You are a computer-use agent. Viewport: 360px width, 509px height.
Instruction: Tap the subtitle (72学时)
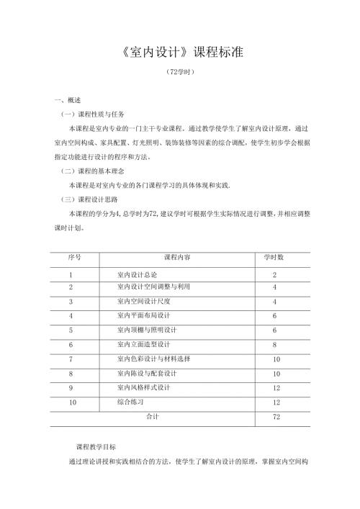click(x=179, y=74)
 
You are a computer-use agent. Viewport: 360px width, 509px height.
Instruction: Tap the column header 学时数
click(x=275, y=257)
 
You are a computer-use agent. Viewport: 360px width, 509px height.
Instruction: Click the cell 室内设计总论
click(x=137, y=275)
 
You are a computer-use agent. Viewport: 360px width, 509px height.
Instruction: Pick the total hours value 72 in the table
click(x=276, y=417)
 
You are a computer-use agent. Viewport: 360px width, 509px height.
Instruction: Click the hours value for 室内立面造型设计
click(x=276, y=345)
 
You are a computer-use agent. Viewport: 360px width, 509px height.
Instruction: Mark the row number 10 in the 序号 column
click(x=72, y=402)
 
